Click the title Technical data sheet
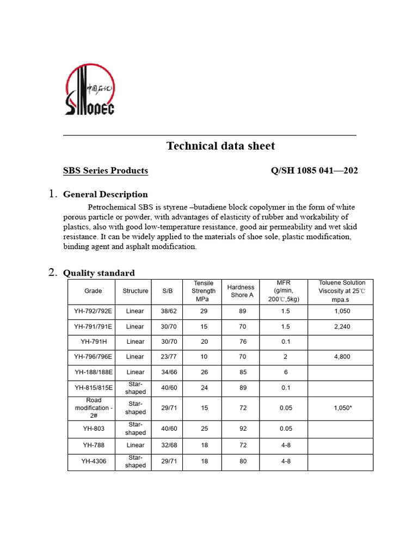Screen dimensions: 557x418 [x=220, y=146]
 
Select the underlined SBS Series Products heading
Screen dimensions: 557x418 [x=106, y=171]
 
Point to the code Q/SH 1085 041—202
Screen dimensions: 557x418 [x=314, y=171]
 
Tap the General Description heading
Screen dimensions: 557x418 [x=106, y=194]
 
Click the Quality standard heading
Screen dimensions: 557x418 [x=99, y=273]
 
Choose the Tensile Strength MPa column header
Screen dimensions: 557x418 [x=204, y=291]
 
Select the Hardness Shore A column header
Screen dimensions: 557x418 [x=241, y=291]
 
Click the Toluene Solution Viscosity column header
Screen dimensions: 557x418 [x=342, y=291]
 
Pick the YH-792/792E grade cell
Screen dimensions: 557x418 [x=93, y=311]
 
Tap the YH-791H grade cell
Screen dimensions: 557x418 [x=93, y=342]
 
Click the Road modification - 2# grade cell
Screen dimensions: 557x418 [x=93, y=407]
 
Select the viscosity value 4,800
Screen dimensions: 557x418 [x=342, y=357]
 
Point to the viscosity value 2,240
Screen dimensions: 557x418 [x=342, y=326]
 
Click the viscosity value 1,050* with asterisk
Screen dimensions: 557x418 [x=342, y=407]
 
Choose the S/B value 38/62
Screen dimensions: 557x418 [x=168, y=311]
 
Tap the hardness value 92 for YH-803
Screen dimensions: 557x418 [x=242, y=429]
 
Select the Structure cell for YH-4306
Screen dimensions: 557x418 [x=136, y=462]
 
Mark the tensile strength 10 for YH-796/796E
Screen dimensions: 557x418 [x=204, y=357]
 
